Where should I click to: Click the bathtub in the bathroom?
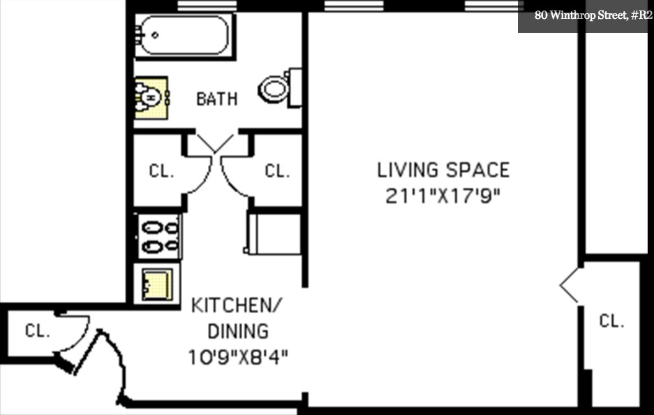tap(184, 36)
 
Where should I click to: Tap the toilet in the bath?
tap(276, 88)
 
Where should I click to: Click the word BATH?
tap(216, 99)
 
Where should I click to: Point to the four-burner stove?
tap(160, 237)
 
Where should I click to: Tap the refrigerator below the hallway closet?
tap(273, 233)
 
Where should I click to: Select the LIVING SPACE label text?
tap(443, 170)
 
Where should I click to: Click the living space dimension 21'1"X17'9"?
tap(443, 196)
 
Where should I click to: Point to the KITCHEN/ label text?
tap(237, 305)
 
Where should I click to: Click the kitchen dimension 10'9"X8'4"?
tap(238, 358)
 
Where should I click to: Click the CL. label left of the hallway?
tap(161, 171)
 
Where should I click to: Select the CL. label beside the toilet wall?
tap(277, 171)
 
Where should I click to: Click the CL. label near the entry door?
tap(38, 331)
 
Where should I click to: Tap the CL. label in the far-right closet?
tap(611, 321)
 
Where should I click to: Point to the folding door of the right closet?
tap(570, 285)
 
